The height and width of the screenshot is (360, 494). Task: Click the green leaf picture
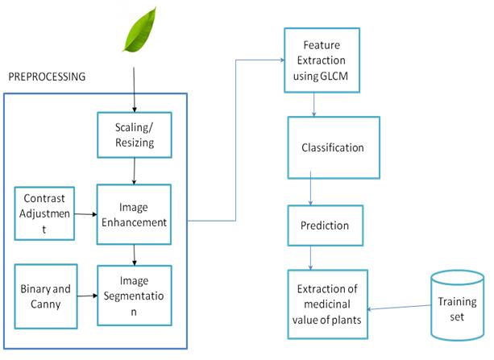click(x=140, y=31)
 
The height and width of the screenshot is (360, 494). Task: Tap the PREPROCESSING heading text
click(x=47, y=77)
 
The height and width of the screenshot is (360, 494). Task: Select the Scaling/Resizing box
click(x=135, y=134)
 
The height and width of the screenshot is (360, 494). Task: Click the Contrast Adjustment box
click(x=44, y=213)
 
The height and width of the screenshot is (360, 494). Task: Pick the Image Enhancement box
click(x=134, y=214)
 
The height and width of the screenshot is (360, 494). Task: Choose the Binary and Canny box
click(x=46, y=296)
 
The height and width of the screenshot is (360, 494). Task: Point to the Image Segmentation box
click(x=135, y=296)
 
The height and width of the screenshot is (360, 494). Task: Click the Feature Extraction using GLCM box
click(x=322, y=60)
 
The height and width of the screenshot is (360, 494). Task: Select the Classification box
click(x=334, y=147)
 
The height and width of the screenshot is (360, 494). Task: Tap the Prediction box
click(x=326, y=226)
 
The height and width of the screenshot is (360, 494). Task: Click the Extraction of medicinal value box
click(x=328, y=304)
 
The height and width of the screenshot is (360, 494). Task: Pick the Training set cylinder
click(x=457, y=305)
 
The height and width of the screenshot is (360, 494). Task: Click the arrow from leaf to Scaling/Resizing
click(x=135, y=89)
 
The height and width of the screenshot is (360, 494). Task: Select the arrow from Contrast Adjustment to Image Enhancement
click(x=85, y=214)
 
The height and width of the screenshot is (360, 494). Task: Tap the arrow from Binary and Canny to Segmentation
click(x=87, y=296)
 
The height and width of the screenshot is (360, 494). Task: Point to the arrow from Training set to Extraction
click(x=399, y=308)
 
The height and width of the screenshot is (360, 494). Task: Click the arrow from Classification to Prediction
click(x=310, y=188)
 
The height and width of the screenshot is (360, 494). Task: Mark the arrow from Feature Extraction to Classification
click(x=313, y=105)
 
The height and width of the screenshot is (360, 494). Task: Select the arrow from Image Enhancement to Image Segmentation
click(x=135, y=255)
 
